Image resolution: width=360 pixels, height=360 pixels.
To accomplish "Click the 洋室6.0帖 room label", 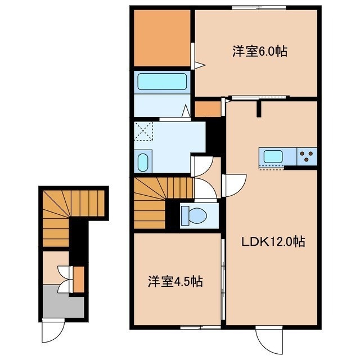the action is [x=260, y=51].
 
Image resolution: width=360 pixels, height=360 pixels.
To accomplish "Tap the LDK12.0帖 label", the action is [x=273, y=242].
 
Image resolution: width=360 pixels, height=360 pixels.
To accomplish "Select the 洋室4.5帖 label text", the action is [x=175, y=281].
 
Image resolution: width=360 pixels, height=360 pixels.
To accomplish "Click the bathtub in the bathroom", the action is [x=162, y=82].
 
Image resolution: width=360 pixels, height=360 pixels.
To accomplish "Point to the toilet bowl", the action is [x=194, y=215].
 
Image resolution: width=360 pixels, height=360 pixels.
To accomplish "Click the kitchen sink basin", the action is [x=273, y=156].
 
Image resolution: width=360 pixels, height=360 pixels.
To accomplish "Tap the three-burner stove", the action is [x=307, y=156].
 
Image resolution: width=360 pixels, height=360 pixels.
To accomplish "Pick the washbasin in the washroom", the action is [x=143, y=162].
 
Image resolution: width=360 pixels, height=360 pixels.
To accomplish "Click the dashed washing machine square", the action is [x=143, y=130].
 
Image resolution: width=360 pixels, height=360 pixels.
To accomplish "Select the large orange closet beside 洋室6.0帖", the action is [x=162, y=38].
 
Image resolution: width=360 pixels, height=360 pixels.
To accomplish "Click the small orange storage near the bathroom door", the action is [x=208, y=109].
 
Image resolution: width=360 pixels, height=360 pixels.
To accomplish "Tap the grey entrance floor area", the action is [x=64, y=301].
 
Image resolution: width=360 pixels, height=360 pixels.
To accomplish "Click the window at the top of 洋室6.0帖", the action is [x=259, y=8].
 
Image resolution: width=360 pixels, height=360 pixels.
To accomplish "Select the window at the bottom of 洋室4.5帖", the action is [x=200, y=327].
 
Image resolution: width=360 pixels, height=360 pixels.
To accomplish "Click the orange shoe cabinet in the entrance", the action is [x=79, y=280].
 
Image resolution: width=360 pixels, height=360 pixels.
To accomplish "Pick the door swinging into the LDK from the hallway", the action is [x=234, y=186].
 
